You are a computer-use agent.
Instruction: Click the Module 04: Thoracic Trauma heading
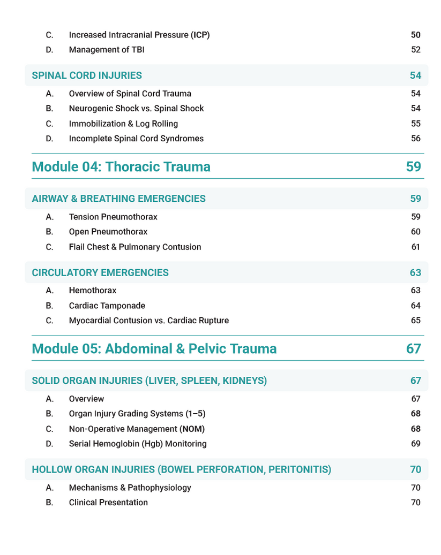pyautogui.click(x=121, y=166)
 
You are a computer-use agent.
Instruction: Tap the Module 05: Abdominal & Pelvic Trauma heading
pyautogui.click(x=154, y=348)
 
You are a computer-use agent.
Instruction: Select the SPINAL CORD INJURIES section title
pyautogui.click(x=87, y=75)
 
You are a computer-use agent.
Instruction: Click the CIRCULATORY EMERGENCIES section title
pyautogui.click(x=100, y=272)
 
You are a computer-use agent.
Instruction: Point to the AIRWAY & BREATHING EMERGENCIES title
pyautogui.click(x=118, y=199)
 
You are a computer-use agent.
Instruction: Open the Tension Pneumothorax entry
pyautogui.click(x=113, y=217)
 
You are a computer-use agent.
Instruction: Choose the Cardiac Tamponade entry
pyautogui.click(x=107, y=306)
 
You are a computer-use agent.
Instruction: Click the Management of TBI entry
pyautogui.click(x=107, y=50)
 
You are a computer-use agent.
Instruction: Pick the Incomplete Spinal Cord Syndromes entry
pyautogui.click(x=136, y=139)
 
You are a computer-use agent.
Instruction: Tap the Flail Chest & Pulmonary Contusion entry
pyautogui.click(x=135, y=247)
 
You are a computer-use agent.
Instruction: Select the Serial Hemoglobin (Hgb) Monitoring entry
pyautogui.click(x=138, y=444)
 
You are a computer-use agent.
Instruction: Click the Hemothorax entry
pyautogui.click(x=93, y=291)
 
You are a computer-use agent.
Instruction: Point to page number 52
pyautogui.click(x=416, y=50)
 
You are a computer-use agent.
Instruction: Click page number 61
pyautogui.click(x=416, y=247)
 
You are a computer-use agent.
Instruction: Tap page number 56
pyautogui.click(x=416, y=139)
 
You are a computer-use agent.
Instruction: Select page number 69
pyautogui.click(x=416, y=444)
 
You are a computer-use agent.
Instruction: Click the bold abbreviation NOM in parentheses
pyautogui.click(x=192, y=429)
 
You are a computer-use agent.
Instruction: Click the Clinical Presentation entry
pyautogui.click(x=108, y=503)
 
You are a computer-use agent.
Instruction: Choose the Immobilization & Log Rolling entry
pyautogui.click(x=123, y=124)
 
